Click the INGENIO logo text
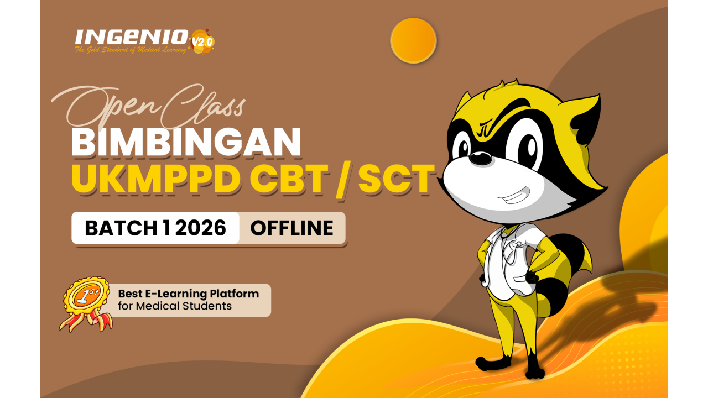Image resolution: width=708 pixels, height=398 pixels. coord(132,37)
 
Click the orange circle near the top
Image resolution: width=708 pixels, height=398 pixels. coord(413,40)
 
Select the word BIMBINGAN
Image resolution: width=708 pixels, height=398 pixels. coord(186,142)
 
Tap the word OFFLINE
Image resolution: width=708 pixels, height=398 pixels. coord(292,228)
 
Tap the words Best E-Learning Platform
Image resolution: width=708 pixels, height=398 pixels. coord(188,294)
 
